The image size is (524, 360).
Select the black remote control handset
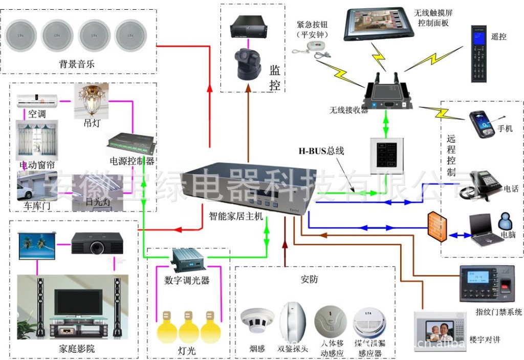point(479,54)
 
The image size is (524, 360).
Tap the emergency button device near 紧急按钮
point(310,47)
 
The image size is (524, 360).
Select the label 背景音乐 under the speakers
point(77,65)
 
